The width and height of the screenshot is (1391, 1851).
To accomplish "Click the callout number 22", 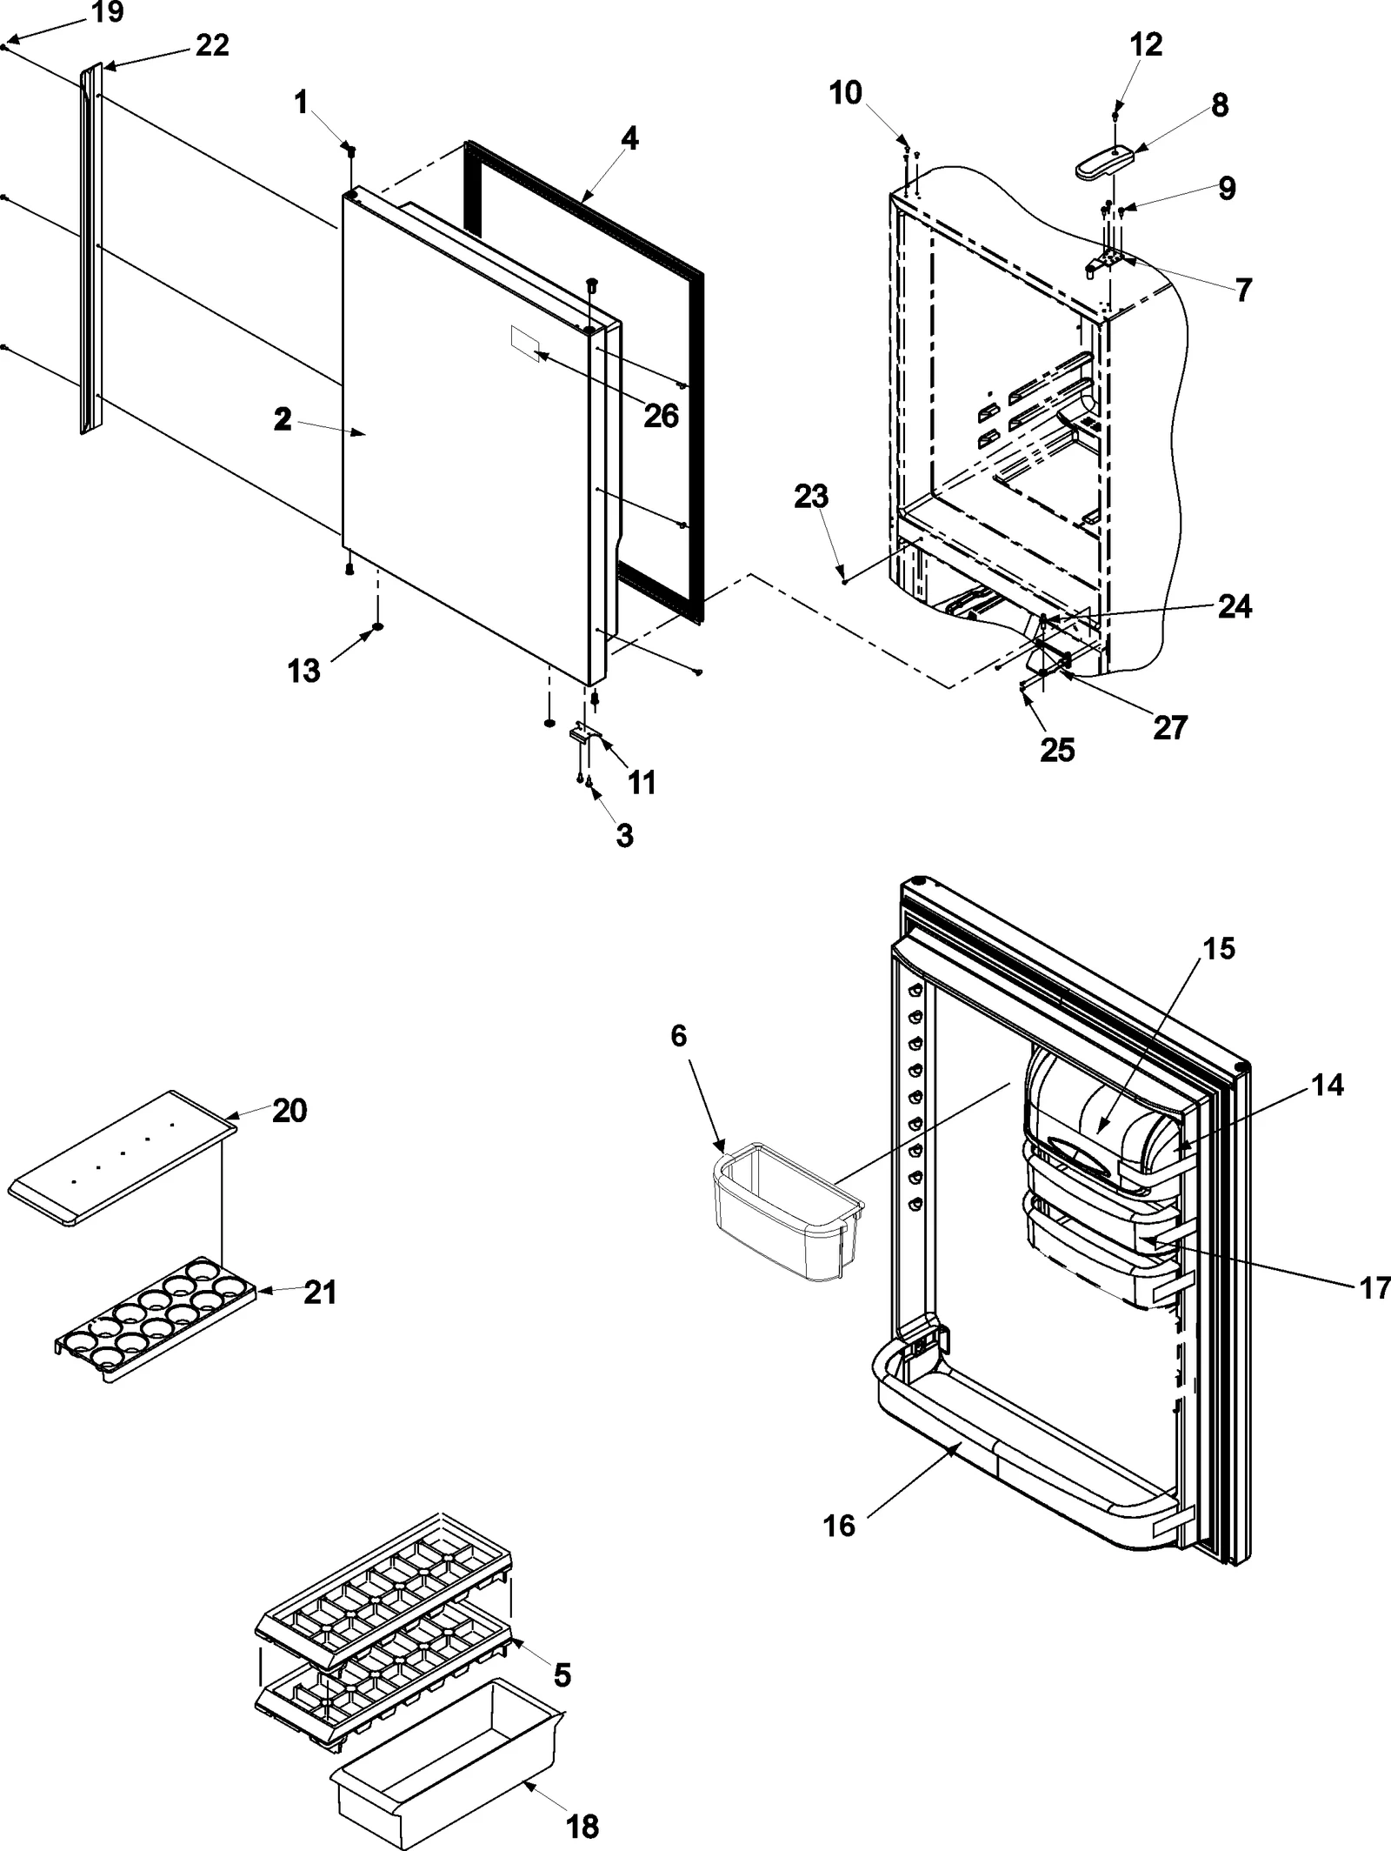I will [x=212, y=45].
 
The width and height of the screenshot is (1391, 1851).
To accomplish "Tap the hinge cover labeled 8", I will [x=1105, y=162].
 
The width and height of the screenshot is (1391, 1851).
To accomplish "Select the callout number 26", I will [x=661, y=416].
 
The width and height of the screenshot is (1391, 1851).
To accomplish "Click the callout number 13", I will [x=303, y=671].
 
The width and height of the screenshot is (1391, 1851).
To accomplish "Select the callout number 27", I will [x=1169, y=727].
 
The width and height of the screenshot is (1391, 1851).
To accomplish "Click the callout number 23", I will [x=811, y=498].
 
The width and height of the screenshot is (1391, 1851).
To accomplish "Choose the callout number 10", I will [x=845, y=92].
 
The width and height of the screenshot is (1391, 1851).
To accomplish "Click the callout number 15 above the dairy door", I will [x=1219, y=948].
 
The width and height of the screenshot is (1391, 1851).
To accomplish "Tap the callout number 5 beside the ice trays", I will [x=562, y=1671].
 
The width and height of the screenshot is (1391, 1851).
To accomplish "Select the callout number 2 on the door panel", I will [x=283, y=419].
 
